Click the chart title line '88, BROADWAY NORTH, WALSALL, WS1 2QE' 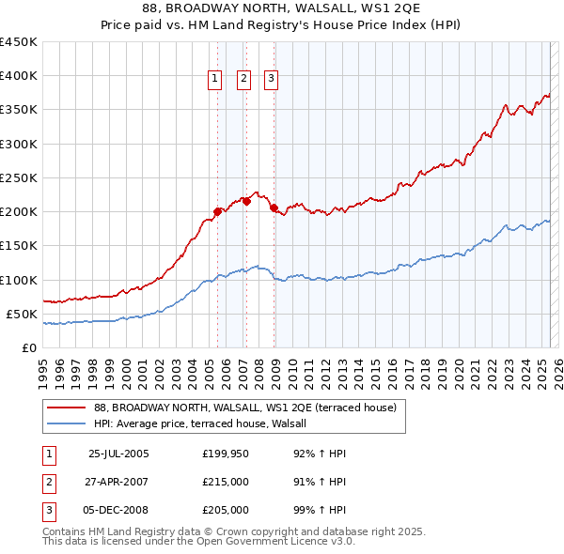pos(282,9)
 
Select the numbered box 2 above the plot pos(243,80)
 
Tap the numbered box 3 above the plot pos(271,80)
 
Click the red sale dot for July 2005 pos(217,211)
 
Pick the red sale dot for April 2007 pos(246,201)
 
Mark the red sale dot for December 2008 pos(274,208)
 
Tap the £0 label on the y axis pos(28,347)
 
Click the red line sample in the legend pos(65,408)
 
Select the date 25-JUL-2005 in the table pos(118,454)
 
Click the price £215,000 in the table pos(226,482)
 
